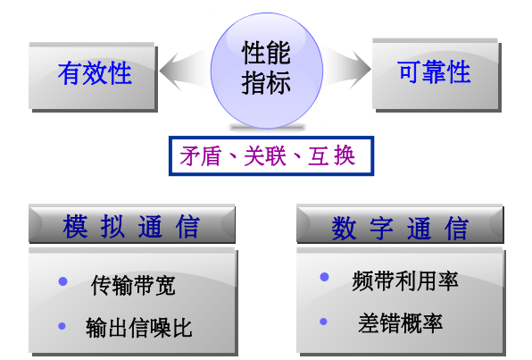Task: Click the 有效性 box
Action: (x=94, y=73)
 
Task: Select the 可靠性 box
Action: (x=434, y=71)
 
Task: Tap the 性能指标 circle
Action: (x=266, y=69)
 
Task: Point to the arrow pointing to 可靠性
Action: (x=347, y=64)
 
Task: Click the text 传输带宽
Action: (x=133, y=286)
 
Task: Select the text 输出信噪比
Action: (x=139, y=328)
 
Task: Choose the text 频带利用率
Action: (x=404, y=281)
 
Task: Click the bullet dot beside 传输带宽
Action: (x=62, y=281)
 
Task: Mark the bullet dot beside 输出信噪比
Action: (x=62, y=325)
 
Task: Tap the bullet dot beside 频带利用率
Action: (x=324, y=278)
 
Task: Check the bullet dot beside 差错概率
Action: (x=324, y=320)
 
